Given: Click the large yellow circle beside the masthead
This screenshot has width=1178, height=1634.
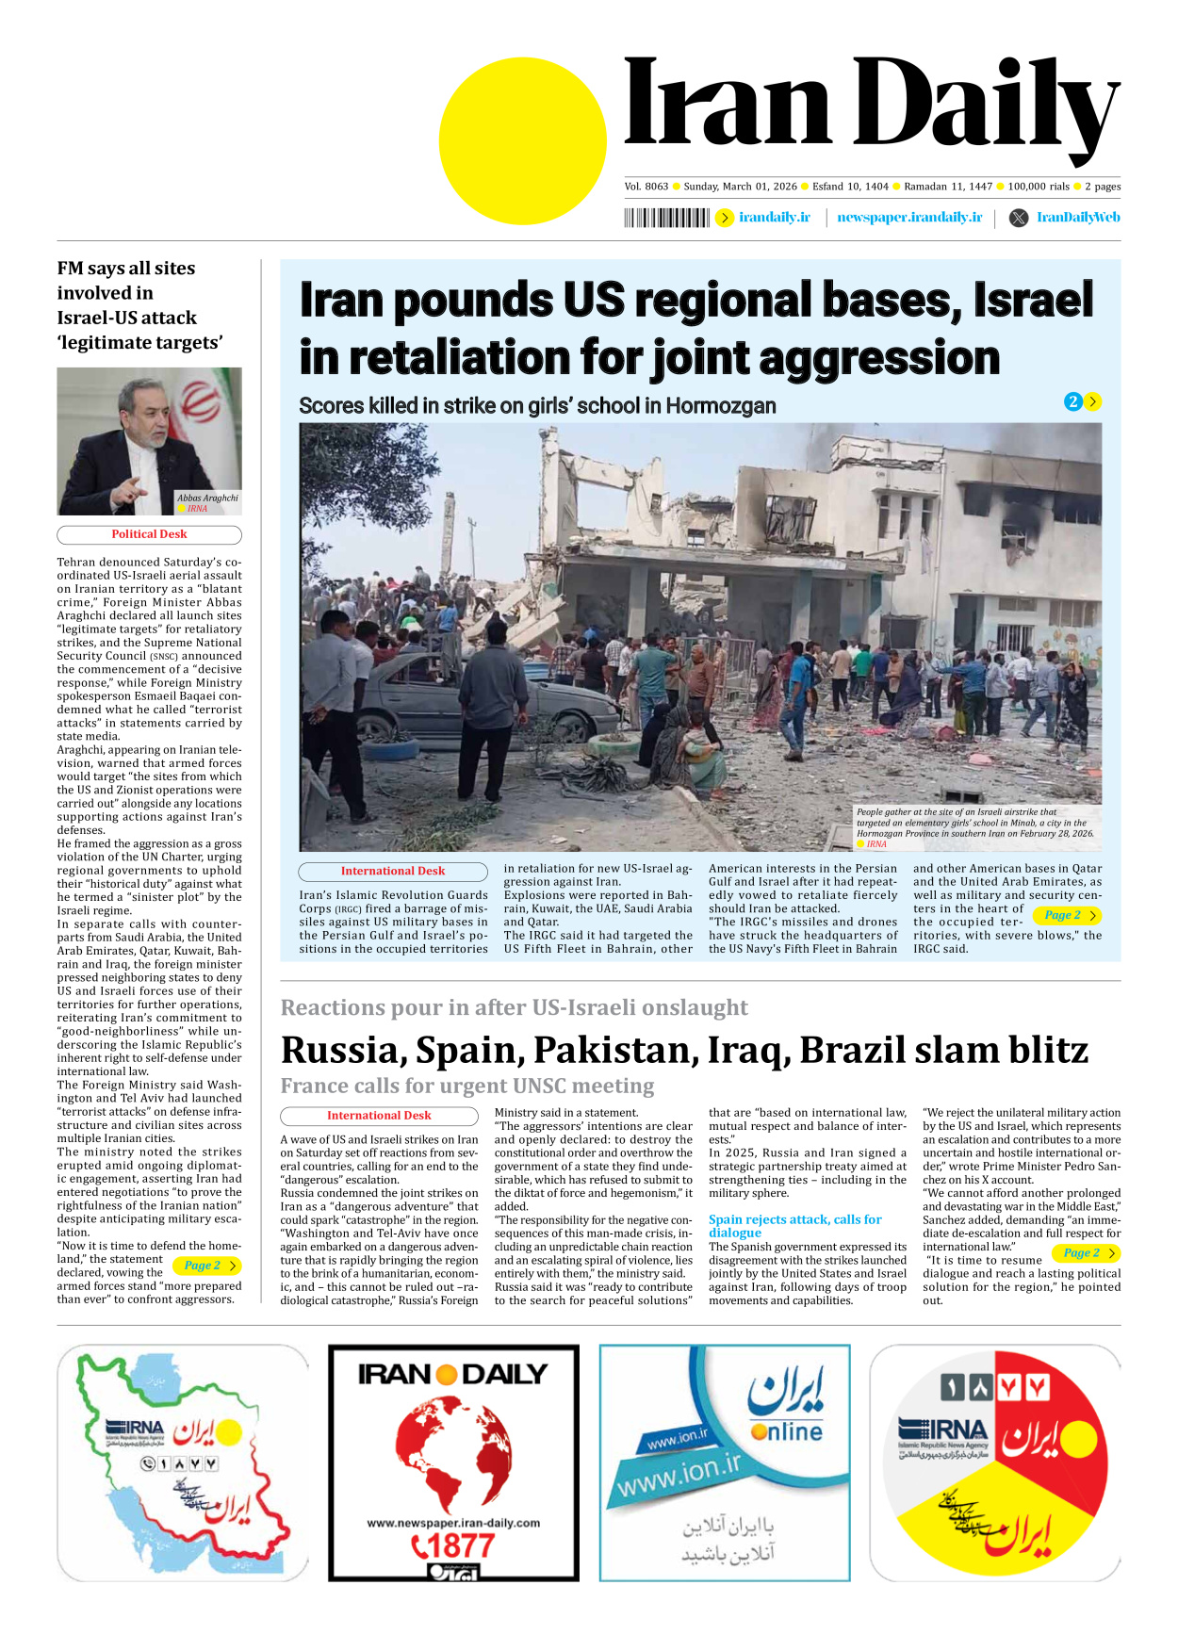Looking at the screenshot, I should [x=522, y=140].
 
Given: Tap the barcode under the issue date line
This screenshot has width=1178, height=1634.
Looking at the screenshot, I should [x=666, y=218].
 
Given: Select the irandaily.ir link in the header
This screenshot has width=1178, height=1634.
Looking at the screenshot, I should [x=774, y=218].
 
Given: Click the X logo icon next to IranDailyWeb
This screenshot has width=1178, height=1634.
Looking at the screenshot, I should [x=1018, y=218].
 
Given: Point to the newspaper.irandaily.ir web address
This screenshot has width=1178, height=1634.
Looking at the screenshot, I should [x=908, y=218].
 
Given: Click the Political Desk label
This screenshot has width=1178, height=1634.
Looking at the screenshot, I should [x=149, y=534].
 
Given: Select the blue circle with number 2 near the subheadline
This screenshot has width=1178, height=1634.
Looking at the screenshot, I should [x=1072, y=402].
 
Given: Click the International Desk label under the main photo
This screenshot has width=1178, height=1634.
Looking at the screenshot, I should [x=392, y=872].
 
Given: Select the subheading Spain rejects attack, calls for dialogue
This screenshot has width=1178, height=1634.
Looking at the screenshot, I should [x=794, y=1226].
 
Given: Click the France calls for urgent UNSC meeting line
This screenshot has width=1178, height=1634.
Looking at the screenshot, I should [x=467, y=1087].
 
